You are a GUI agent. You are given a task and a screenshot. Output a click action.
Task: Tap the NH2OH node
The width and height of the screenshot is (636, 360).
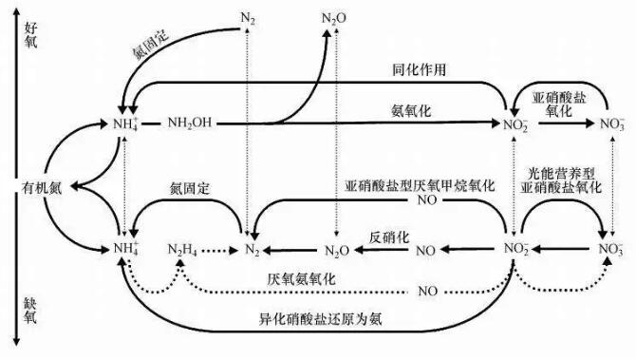pos(193,124)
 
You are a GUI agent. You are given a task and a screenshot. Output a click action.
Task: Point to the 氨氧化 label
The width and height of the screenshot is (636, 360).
pos(411,112)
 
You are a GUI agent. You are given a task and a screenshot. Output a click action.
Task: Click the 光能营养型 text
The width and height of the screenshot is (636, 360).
pos(563,173)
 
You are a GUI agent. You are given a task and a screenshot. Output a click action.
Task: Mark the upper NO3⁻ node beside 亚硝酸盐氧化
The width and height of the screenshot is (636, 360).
pos(607,124)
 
